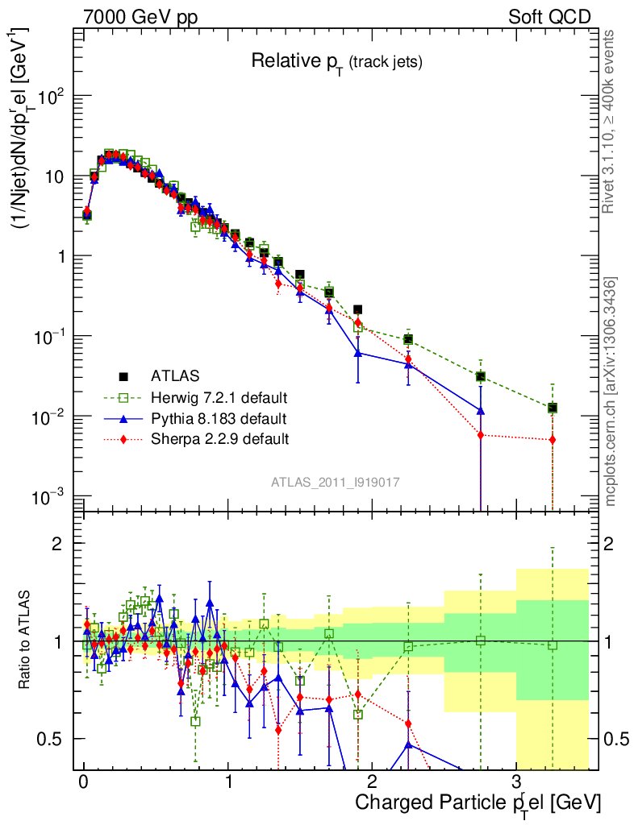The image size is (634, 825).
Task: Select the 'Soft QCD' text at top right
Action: [549, 16]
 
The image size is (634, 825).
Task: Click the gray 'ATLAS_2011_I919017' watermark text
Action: [336, 482]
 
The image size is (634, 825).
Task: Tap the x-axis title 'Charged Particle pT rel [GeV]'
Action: [478, 802]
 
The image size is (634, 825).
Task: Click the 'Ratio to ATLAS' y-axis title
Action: [27, 641]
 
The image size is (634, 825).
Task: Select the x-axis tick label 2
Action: [372, 783]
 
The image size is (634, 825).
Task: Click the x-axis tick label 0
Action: [83, 783]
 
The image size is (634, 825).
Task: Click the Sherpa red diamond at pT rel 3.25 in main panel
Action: [553, 440]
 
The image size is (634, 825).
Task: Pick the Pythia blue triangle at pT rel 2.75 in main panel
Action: [481, 411]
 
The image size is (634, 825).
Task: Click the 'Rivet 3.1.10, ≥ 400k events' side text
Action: [609, 121]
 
